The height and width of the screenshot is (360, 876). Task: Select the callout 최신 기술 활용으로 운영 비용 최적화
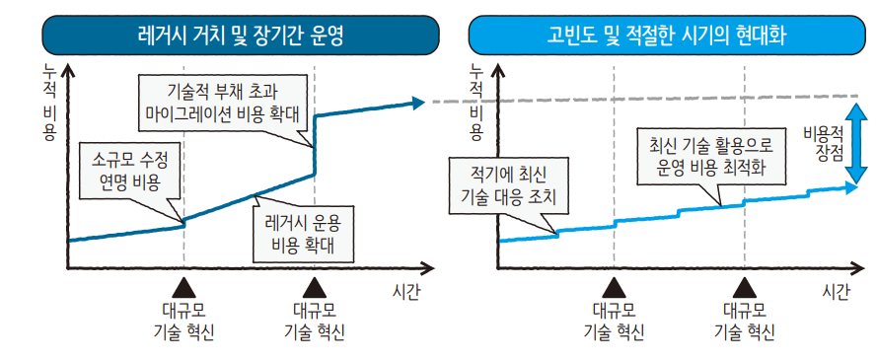coord(710,157)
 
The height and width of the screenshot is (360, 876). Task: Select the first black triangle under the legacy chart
coord(183,285)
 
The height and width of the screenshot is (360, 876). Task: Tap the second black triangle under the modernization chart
coord(745,285)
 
